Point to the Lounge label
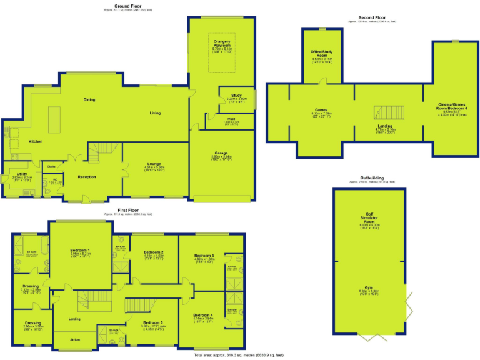click(154, 163)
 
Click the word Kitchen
click(36, 142)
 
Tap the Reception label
click(87, 177)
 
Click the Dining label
click(89, 99)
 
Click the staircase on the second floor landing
click(381, 113)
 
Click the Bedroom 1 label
click(80, 250)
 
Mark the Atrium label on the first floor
click(75, 340)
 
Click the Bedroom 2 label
click(146, 252)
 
